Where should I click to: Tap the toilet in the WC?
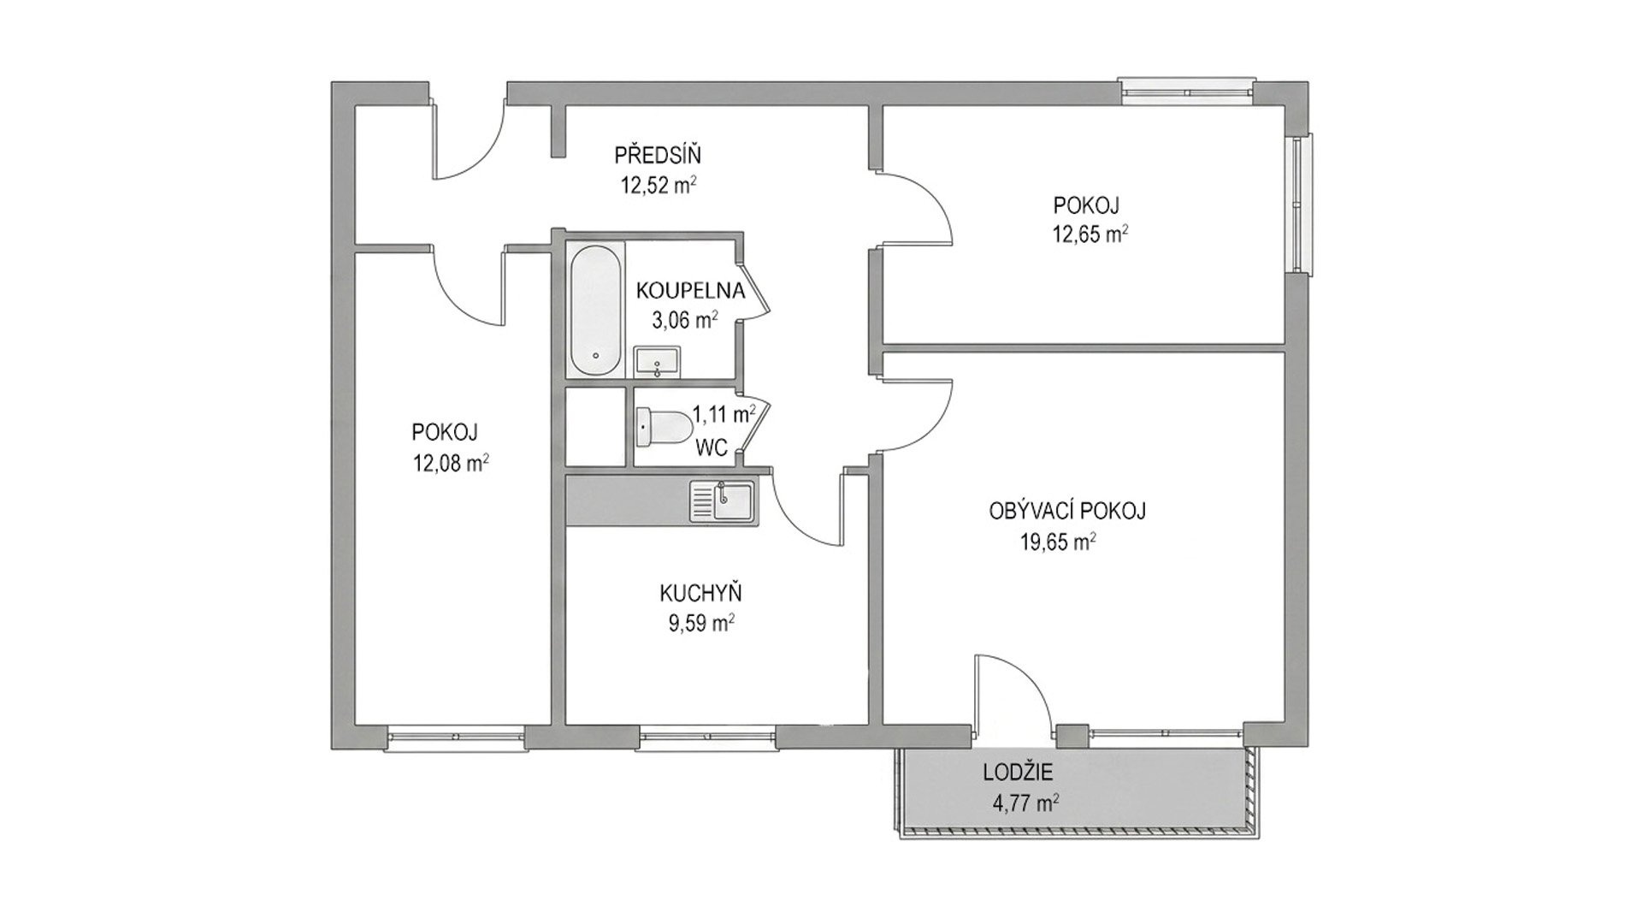665,425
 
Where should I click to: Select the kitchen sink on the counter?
723,500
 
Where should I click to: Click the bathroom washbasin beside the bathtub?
657,361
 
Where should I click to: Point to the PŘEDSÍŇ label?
658,156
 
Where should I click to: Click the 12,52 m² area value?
658,185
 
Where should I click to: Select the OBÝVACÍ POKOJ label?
1067,511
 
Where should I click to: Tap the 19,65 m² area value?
1059,542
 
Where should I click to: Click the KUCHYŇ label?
700,592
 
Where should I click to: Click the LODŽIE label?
1018,773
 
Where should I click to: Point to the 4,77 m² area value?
1026,803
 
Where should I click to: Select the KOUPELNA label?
691,290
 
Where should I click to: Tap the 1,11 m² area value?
724,415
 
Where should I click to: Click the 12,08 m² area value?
451,463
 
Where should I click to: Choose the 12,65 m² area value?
1090,234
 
